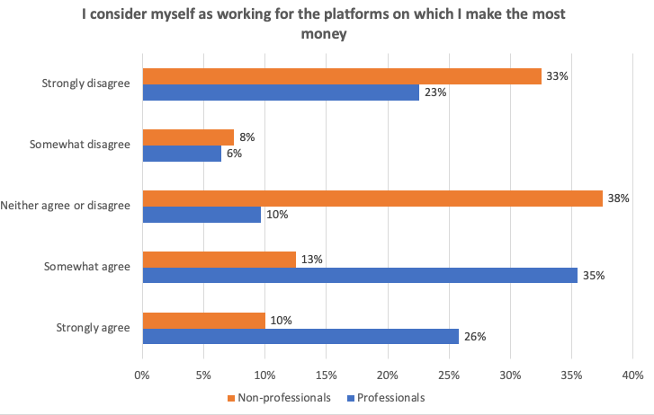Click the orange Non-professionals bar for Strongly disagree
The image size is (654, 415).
(342, 76)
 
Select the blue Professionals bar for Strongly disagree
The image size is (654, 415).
(281, 93)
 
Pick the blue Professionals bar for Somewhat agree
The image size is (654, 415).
(360, 276)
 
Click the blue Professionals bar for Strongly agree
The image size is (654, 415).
(300, 337)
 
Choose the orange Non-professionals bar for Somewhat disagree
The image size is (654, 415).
(188, 137)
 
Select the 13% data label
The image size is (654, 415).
(311, 260)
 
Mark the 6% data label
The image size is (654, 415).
(234, 154)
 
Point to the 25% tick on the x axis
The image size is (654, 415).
(449, 374)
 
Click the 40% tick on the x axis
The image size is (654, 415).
(632, 374)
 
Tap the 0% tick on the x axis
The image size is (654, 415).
(142, 374)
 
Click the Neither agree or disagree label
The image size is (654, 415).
(67, 206)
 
